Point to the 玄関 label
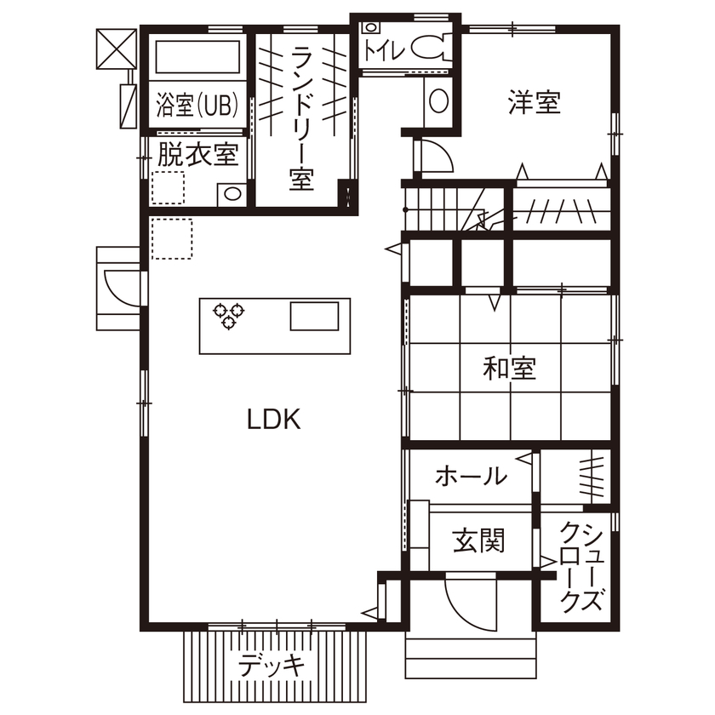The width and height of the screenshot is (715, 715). coord(478,540)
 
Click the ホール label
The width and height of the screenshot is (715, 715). coord(471,477)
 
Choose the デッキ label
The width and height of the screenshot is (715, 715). coord(271,665)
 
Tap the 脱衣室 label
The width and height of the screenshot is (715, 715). coord(197,155)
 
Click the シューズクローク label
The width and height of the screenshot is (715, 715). coord(581,566)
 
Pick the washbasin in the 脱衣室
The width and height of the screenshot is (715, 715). coord(230,194)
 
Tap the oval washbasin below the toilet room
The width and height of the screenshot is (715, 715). coord(438,102)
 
